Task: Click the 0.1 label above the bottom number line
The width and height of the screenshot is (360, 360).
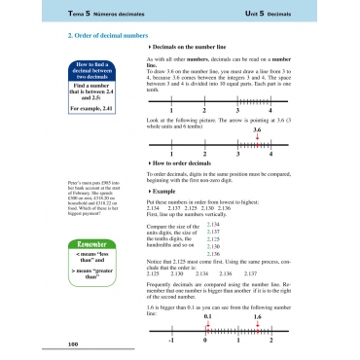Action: click(x=206, y=315)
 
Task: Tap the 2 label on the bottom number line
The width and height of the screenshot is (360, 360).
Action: click(x=264, y=341)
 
